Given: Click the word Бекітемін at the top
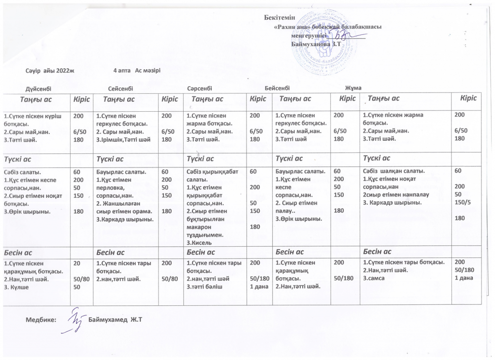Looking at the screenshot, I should pos(281,18).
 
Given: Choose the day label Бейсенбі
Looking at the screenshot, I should pos(277,88).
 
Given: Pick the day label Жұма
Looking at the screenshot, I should pos(353,88).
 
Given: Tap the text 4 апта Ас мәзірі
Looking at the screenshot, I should pos(136,71).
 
